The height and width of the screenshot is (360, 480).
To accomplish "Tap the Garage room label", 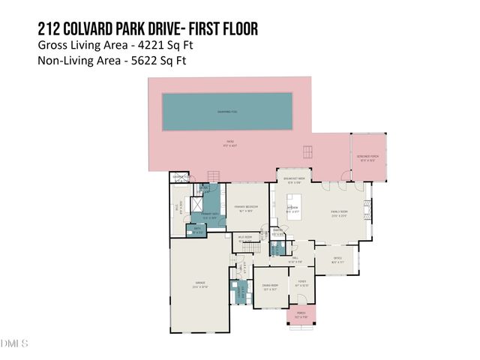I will click(200, 284).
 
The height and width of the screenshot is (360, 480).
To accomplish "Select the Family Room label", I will click(340, 214).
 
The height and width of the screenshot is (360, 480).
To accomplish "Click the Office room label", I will click(338, 260).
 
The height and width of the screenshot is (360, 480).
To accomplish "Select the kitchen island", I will click(293, 202).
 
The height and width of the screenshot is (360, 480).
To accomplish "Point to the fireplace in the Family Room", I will click(367, 208).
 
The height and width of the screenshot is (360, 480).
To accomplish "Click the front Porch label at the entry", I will click(301, 314).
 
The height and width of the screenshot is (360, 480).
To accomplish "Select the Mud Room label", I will click(244, 238).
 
